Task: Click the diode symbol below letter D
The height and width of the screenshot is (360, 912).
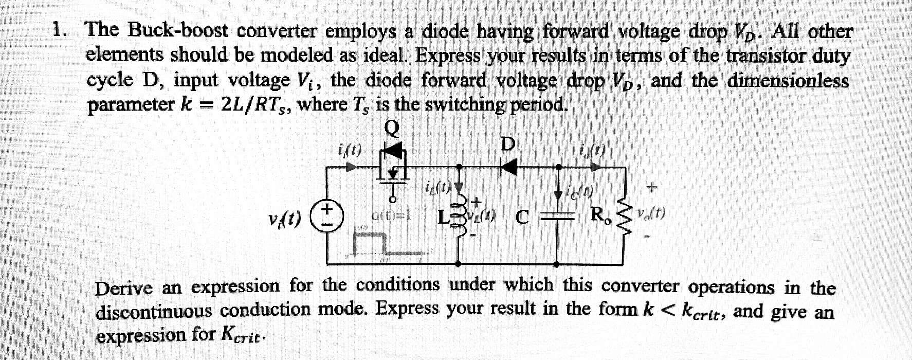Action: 508,167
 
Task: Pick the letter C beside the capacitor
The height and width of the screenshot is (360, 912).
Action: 522,218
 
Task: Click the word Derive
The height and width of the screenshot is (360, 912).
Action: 123,287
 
